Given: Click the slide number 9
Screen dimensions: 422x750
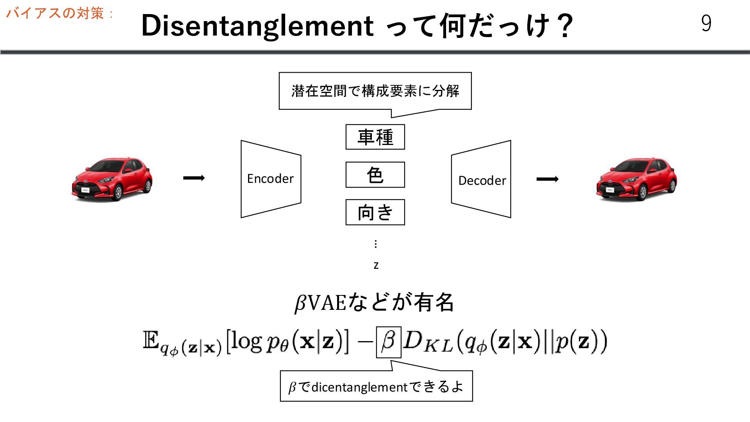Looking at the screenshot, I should (x=706, y=23).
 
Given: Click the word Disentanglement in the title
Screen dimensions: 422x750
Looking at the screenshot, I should (x=257, y=26).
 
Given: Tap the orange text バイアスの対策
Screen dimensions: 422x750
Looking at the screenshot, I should (x=55, y=13).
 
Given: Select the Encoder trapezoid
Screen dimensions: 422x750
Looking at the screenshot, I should (x=271, y=179).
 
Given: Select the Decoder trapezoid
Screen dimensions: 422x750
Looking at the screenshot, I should (x=481, y=179).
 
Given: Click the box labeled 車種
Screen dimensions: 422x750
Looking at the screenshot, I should (x=375, y=137).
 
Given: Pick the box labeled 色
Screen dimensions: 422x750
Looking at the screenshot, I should (x=375, y=175).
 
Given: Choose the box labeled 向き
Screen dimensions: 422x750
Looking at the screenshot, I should (x=375, y=212).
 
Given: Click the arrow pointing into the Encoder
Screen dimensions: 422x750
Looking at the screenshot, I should (x=194, y=178).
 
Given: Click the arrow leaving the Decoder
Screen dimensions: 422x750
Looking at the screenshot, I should (x=547, y=179).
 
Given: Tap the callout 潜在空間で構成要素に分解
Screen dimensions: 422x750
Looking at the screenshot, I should (x=375, y=91).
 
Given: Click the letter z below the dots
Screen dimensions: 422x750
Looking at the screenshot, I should (x=376, y=265).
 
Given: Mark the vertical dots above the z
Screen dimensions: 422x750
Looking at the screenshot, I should (x=376, y=244).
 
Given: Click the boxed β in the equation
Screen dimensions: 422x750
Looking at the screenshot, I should (x=388, y=342).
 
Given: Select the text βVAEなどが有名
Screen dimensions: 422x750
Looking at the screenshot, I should (x=374, y=302).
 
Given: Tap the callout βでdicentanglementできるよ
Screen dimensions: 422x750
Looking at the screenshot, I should (x=376, y=386).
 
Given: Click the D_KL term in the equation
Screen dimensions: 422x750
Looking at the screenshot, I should (x=428, y=342).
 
